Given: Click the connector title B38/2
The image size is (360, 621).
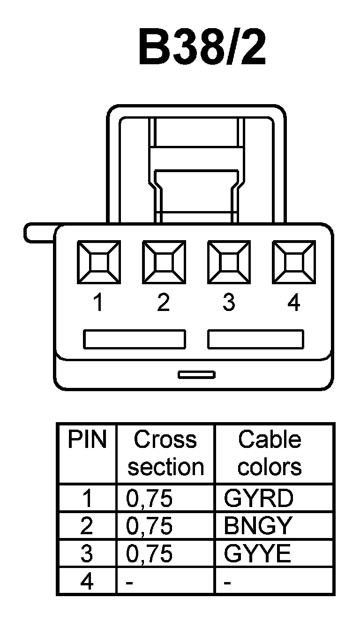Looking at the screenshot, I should pyautogui.click(x=202, y=48).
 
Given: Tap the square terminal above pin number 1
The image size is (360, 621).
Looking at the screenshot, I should pyautogui.click(x=98, y=262).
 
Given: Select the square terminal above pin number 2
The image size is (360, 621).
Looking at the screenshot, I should pyautogui.click(x=164, y=262).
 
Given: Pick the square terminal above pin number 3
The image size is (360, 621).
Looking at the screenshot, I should pyautogui.click(x=229, y=262).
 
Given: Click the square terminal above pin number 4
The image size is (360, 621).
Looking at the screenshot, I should pyautogui.click(x=293, y=262).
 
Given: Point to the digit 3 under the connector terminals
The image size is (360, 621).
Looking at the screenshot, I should pyautogui.click(x=229, y=303).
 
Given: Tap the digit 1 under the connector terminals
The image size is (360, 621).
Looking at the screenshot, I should pyautogui.click(x=98, y=303).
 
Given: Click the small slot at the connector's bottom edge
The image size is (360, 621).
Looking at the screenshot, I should pyautogui.click(x=196, y=374).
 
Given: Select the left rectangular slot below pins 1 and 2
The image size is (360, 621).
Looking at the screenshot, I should pyautogui.click(x=135, y=339).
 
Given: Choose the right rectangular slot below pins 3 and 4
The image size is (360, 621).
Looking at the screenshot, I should pyautogui.click(x=255, y=339).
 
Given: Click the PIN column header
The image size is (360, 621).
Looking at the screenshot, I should pyautogui.click(x=87, y=440).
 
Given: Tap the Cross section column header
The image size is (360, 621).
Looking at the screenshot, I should pyautogui.click(x=165, y=453).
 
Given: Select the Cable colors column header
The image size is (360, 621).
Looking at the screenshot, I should pyautogui.click(x=270, y=453).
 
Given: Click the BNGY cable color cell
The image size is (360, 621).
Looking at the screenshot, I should pyautogui.click(x=258, y=526).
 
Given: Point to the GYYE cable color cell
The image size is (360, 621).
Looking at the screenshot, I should pyautogui.click(x=257, y=554).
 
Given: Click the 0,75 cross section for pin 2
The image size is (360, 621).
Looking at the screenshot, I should pyautogui.click(x=150, y=527).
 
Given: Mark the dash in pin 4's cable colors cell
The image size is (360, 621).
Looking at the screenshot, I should pyautogui.click(x=228, y=583).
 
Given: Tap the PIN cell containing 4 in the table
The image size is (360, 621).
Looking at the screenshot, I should pyautogui.click(x=87, y=582).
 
